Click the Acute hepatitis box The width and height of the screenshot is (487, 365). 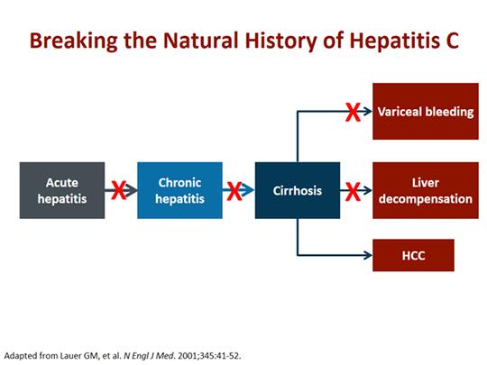tap(62, 190)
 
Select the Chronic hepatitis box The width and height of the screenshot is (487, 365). tap(179, 190)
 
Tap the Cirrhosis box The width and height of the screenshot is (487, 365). tap(298, 190)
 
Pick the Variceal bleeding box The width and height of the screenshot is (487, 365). tap(426, 111)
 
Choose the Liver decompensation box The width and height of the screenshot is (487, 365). tap(426, 190)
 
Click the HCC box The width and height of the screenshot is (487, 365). tap(413, 255)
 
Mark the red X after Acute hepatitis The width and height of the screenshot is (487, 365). tap(119, 190)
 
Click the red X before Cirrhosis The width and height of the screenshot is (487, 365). tap(234, 191)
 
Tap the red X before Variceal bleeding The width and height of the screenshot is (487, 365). tap(354, 112)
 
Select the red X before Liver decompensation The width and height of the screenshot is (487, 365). tap(354, 191)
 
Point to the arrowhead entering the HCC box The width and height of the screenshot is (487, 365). tap(369, 255)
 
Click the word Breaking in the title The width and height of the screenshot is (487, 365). tap(74, 41)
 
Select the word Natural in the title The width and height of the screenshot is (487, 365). tap(201, 40)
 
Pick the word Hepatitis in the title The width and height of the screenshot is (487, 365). tap(394, 41)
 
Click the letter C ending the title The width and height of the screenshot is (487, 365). tap(452, 40)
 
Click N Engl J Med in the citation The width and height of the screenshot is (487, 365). tap(150, 356)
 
